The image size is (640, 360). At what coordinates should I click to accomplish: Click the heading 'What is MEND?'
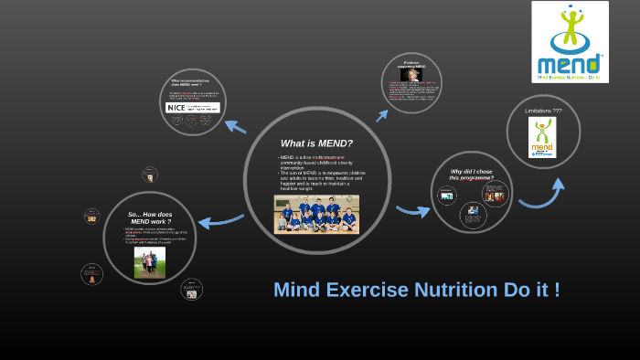pyautogui.click(x=316, y=143)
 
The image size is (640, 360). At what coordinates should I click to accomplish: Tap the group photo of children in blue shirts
pyautogui.click(x=316, y=214)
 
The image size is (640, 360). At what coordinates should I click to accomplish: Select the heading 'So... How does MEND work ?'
pyautogui.click(x=151, y=217)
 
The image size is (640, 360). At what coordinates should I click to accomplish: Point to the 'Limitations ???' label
pyautogui.click(x=543, y=111)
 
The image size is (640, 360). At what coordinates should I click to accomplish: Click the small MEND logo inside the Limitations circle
pyautogui.click(x=543, y=136)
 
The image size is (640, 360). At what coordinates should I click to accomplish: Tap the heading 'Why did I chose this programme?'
pyautogui.click(x=472, y=174)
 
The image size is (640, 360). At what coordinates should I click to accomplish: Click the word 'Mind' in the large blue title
pyautogui.click(x=296, y=290)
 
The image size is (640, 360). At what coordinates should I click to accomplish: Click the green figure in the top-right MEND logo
pyautogui.click(x=571, y=26)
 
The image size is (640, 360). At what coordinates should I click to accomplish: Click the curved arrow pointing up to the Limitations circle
pyautogui.click(x=544, y=195)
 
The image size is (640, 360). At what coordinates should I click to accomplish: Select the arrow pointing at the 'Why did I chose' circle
pyautogui.click(x=412, y=212)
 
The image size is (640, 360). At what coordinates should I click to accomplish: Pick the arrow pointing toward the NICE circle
pyautogui.click(x=235, y=126)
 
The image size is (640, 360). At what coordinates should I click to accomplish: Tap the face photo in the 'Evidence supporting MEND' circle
pyautogui.click(x=411, y=76)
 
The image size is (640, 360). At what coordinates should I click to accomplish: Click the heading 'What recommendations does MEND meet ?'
pyautogui.click(x=193, y=83)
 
